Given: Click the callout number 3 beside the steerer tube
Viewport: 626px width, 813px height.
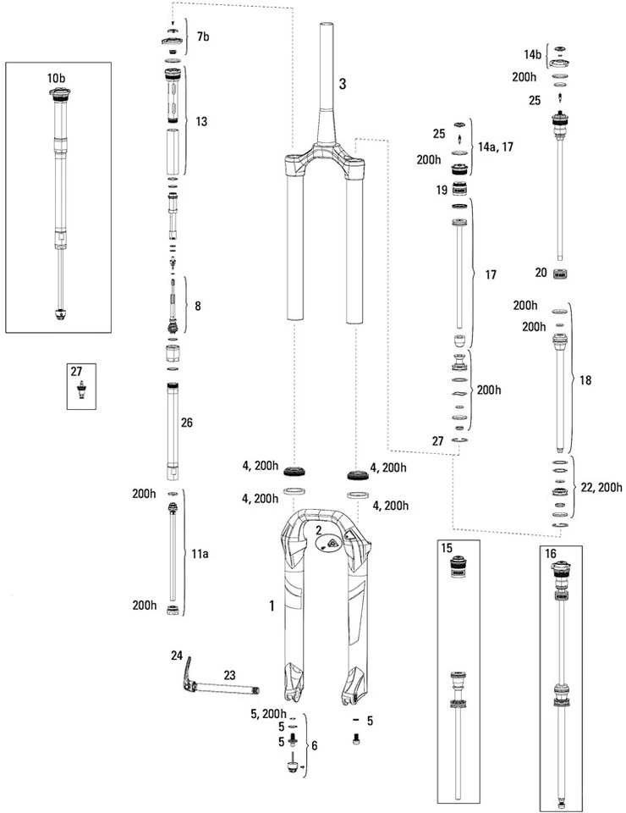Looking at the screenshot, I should [342, 84].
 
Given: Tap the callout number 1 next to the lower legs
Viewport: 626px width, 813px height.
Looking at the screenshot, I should [272, 606].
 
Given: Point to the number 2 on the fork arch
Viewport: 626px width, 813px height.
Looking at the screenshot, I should [318, 530].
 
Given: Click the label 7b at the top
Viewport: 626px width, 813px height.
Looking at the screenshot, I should [203, 38].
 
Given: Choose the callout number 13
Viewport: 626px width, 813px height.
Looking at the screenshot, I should [201, 122].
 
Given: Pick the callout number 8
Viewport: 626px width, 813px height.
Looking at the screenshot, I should [198, 305].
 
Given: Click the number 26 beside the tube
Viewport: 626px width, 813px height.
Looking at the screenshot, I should [188, 422].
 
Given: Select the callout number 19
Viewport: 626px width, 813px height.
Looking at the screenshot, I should [441, 191].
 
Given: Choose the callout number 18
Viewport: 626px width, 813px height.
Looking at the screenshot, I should [585, 381].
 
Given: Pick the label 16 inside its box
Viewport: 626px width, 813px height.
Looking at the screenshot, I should [551, 552].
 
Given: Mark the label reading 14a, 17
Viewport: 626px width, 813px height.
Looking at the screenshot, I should [496, 147].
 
